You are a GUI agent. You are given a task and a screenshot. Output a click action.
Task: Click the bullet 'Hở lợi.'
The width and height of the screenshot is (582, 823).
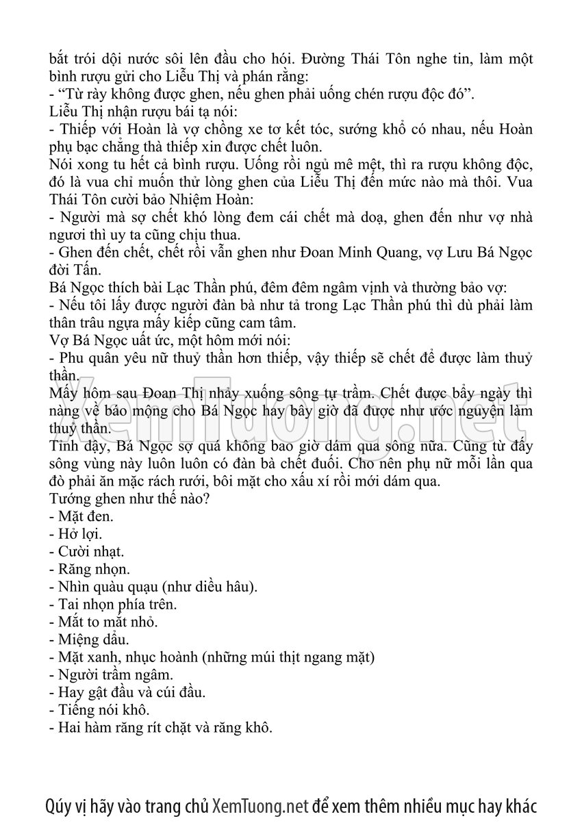click(76, 534)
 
